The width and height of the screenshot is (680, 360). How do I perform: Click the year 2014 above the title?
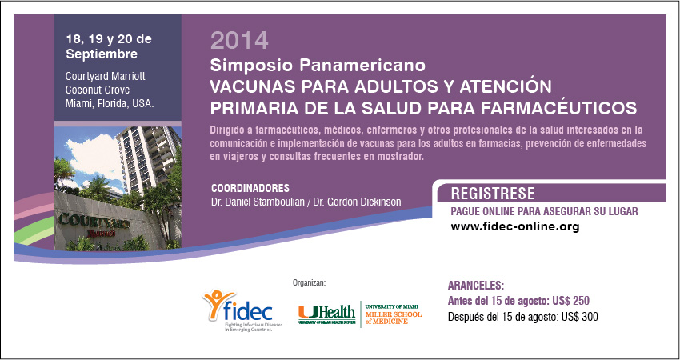[239, 40]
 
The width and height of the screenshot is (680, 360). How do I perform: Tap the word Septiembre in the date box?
[102, 54]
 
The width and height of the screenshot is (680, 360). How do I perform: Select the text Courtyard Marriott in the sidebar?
[106, 76]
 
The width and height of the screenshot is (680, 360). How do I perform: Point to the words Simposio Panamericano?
[318, 65]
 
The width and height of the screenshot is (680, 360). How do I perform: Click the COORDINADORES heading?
[250, 189]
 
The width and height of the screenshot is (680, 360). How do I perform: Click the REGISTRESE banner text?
[493, 193]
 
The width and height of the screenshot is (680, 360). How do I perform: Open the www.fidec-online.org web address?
[515, 226]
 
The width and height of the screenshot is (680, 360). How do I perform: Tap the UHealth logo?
[326, 314]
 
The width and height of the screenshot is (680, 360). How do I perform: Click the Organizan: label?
[309, 283]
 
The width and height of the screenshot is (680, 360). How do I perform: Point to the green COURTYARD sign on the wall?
[94, 222]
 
